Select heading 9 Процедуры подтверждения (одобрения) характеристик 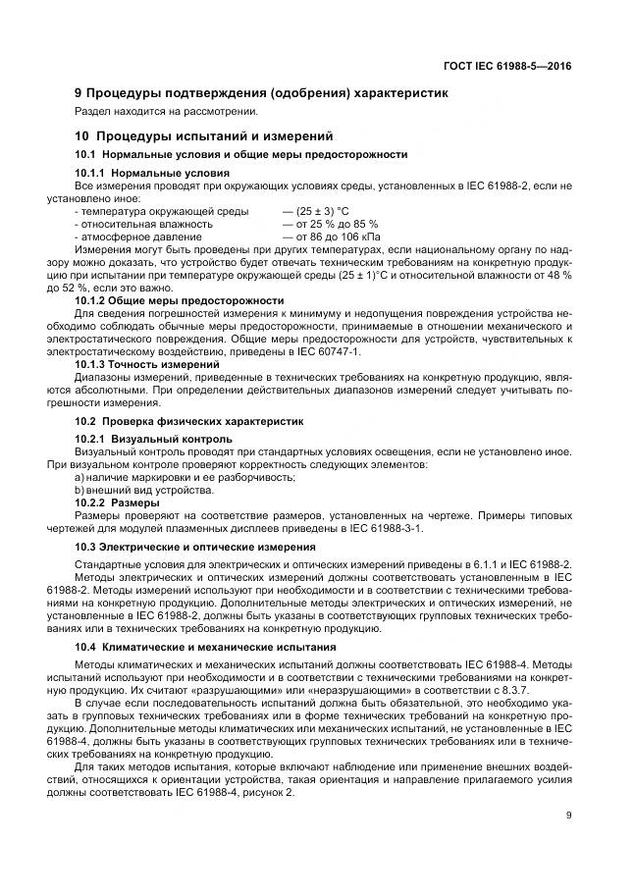click(262, 93)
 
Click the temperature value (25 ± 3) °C click(315, 211)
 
